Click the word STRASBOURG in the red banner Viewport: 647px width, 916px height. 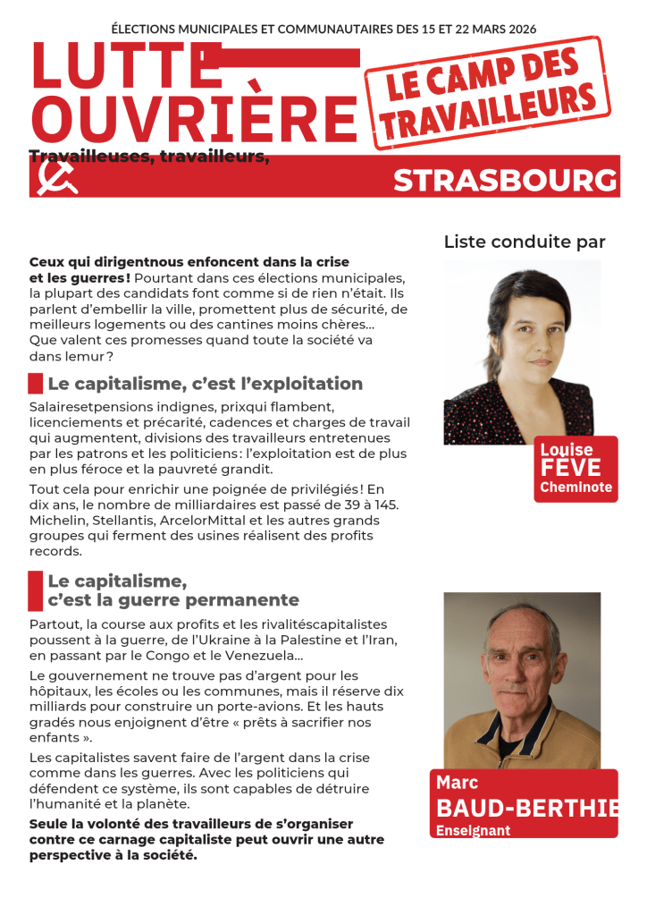click(505, 181)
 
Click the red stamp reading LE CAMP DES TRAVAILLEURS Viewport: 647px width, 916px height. click(488, 93)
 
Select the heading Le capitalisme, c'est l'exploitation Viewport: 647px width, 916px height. click(205, 385)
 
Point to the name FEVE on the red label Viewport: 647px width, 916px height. click(570, 468)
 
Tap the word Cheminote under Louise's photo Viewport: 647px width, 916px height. click(576, 488)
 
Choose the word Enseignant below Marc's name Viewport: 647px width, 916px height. click(473, 831)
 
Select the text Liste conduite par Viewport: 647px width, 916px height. click(525, 242)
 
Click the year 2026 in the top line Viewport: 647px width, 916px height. click(518, 29)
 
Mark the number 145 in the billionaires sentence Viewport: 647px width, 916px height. click(386, 505)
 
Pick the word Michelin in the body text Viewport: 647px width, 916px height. click(56, 521)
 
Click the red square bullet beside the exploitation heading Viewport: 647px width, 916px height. click(36, 385)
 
